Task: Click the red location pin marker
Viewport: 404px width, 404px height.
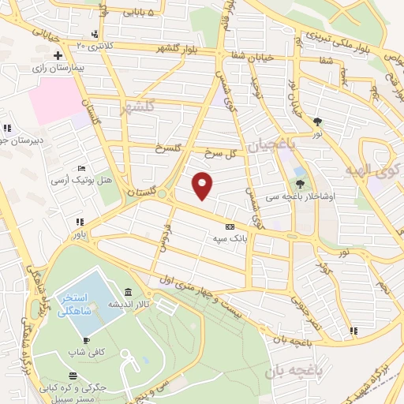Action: tap(203, 185)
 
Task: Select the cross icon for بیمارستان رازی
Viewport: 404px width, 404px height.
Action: tap(58, 57)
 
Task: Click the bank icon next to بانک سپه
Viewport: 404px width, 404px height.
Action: tap(230, 224)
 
